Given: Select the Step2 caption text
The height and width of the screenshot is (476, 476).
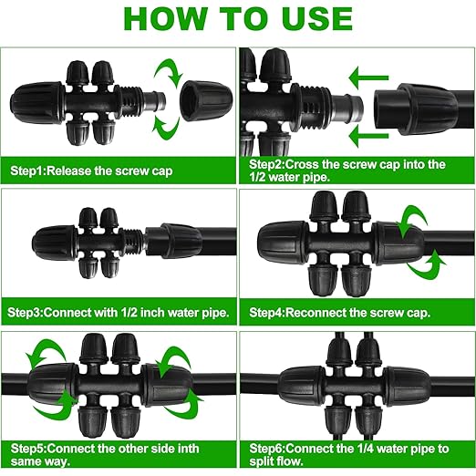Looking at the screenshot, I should click(347, 171).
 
